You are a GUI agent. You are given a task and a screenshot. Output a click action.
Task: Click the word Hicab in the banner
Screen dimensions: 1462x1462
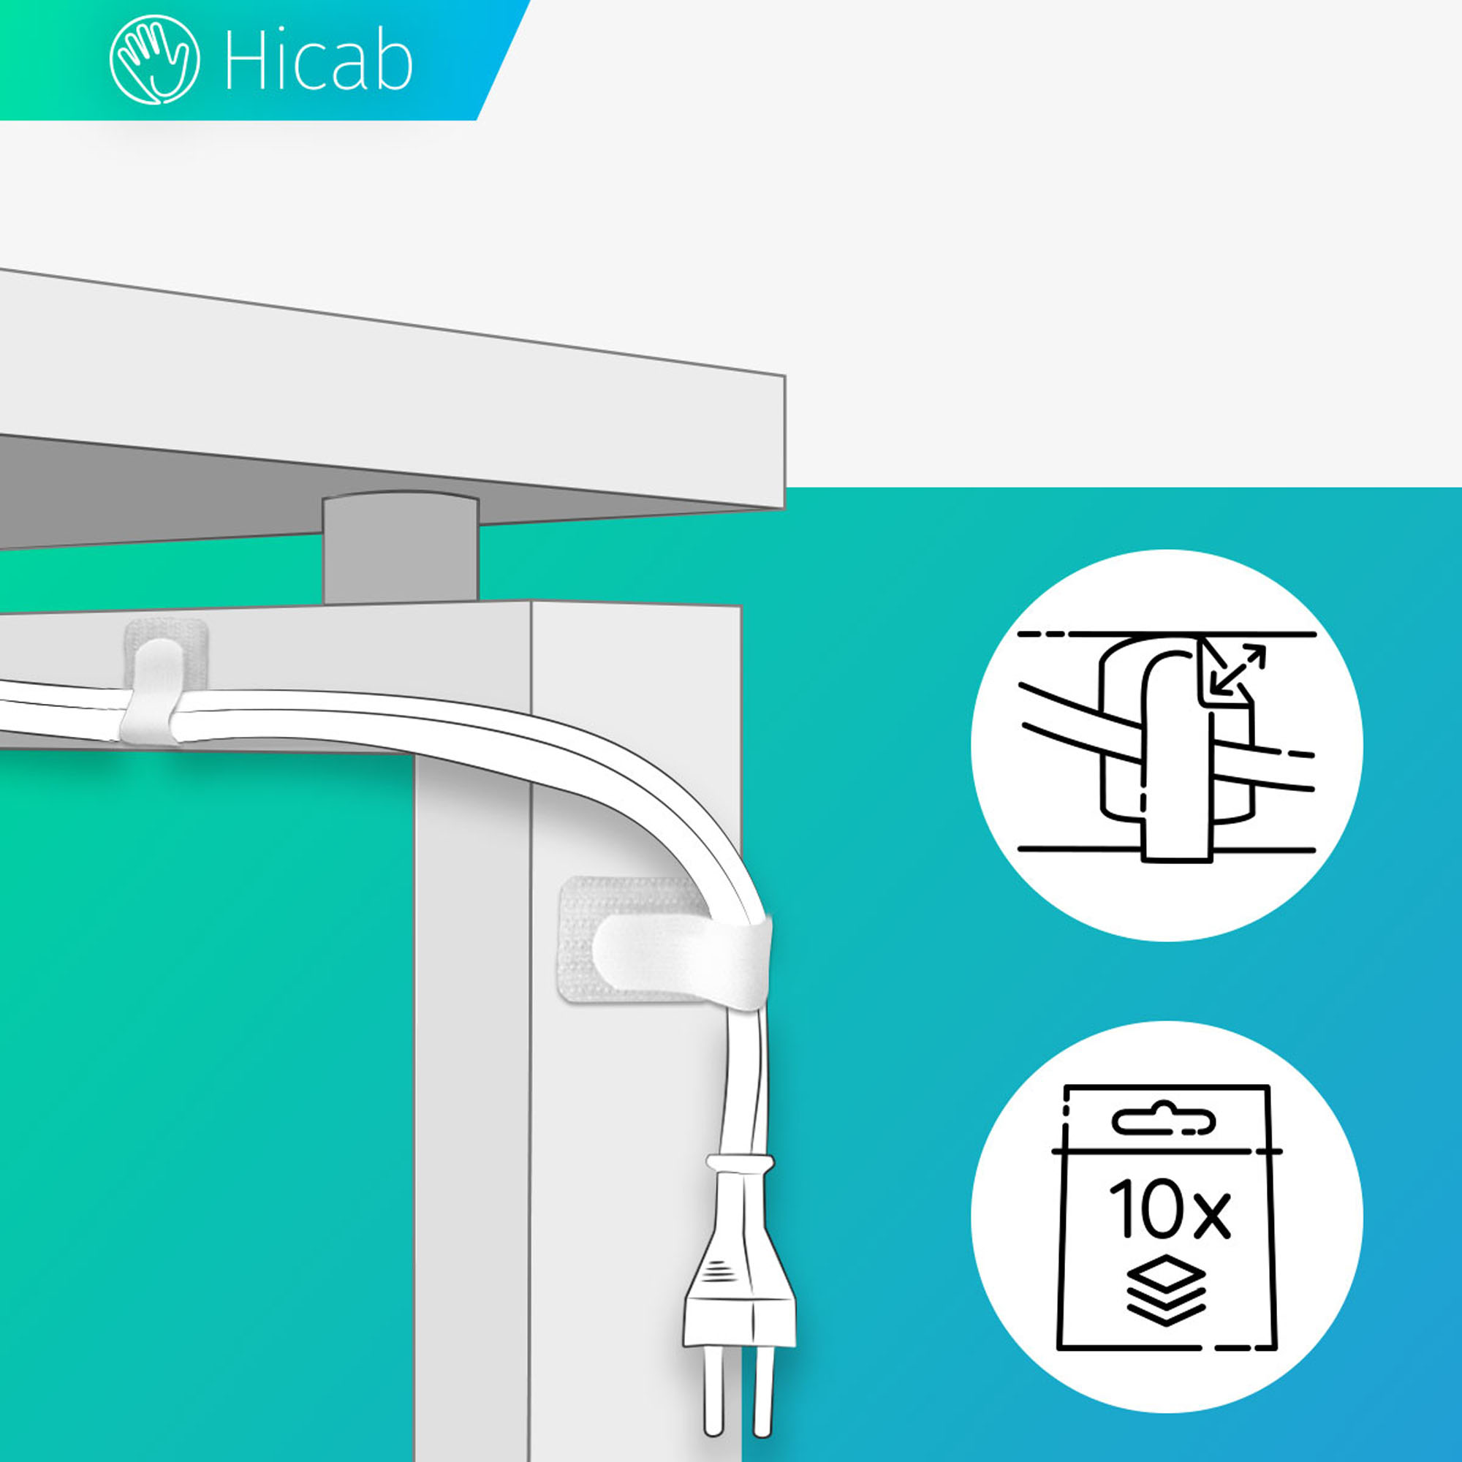click(x=319, y=61)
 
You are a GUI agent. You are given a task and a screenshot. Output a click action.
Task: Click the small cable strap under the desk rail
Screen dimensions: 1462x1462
click(x=152, y=690)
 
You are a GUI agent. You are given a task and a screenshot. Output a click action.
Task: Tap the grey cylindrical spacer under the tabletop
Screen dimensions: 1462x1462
click(x=401, y=549)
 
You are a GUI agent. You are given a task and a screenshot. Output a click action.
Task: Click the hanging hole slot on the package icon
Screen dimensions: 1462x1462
click(x=1164, y=1121)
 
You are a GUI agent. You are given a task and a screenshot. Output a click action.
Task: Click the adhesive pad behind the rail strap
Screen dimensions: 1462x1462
click(x=166, y=655)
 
